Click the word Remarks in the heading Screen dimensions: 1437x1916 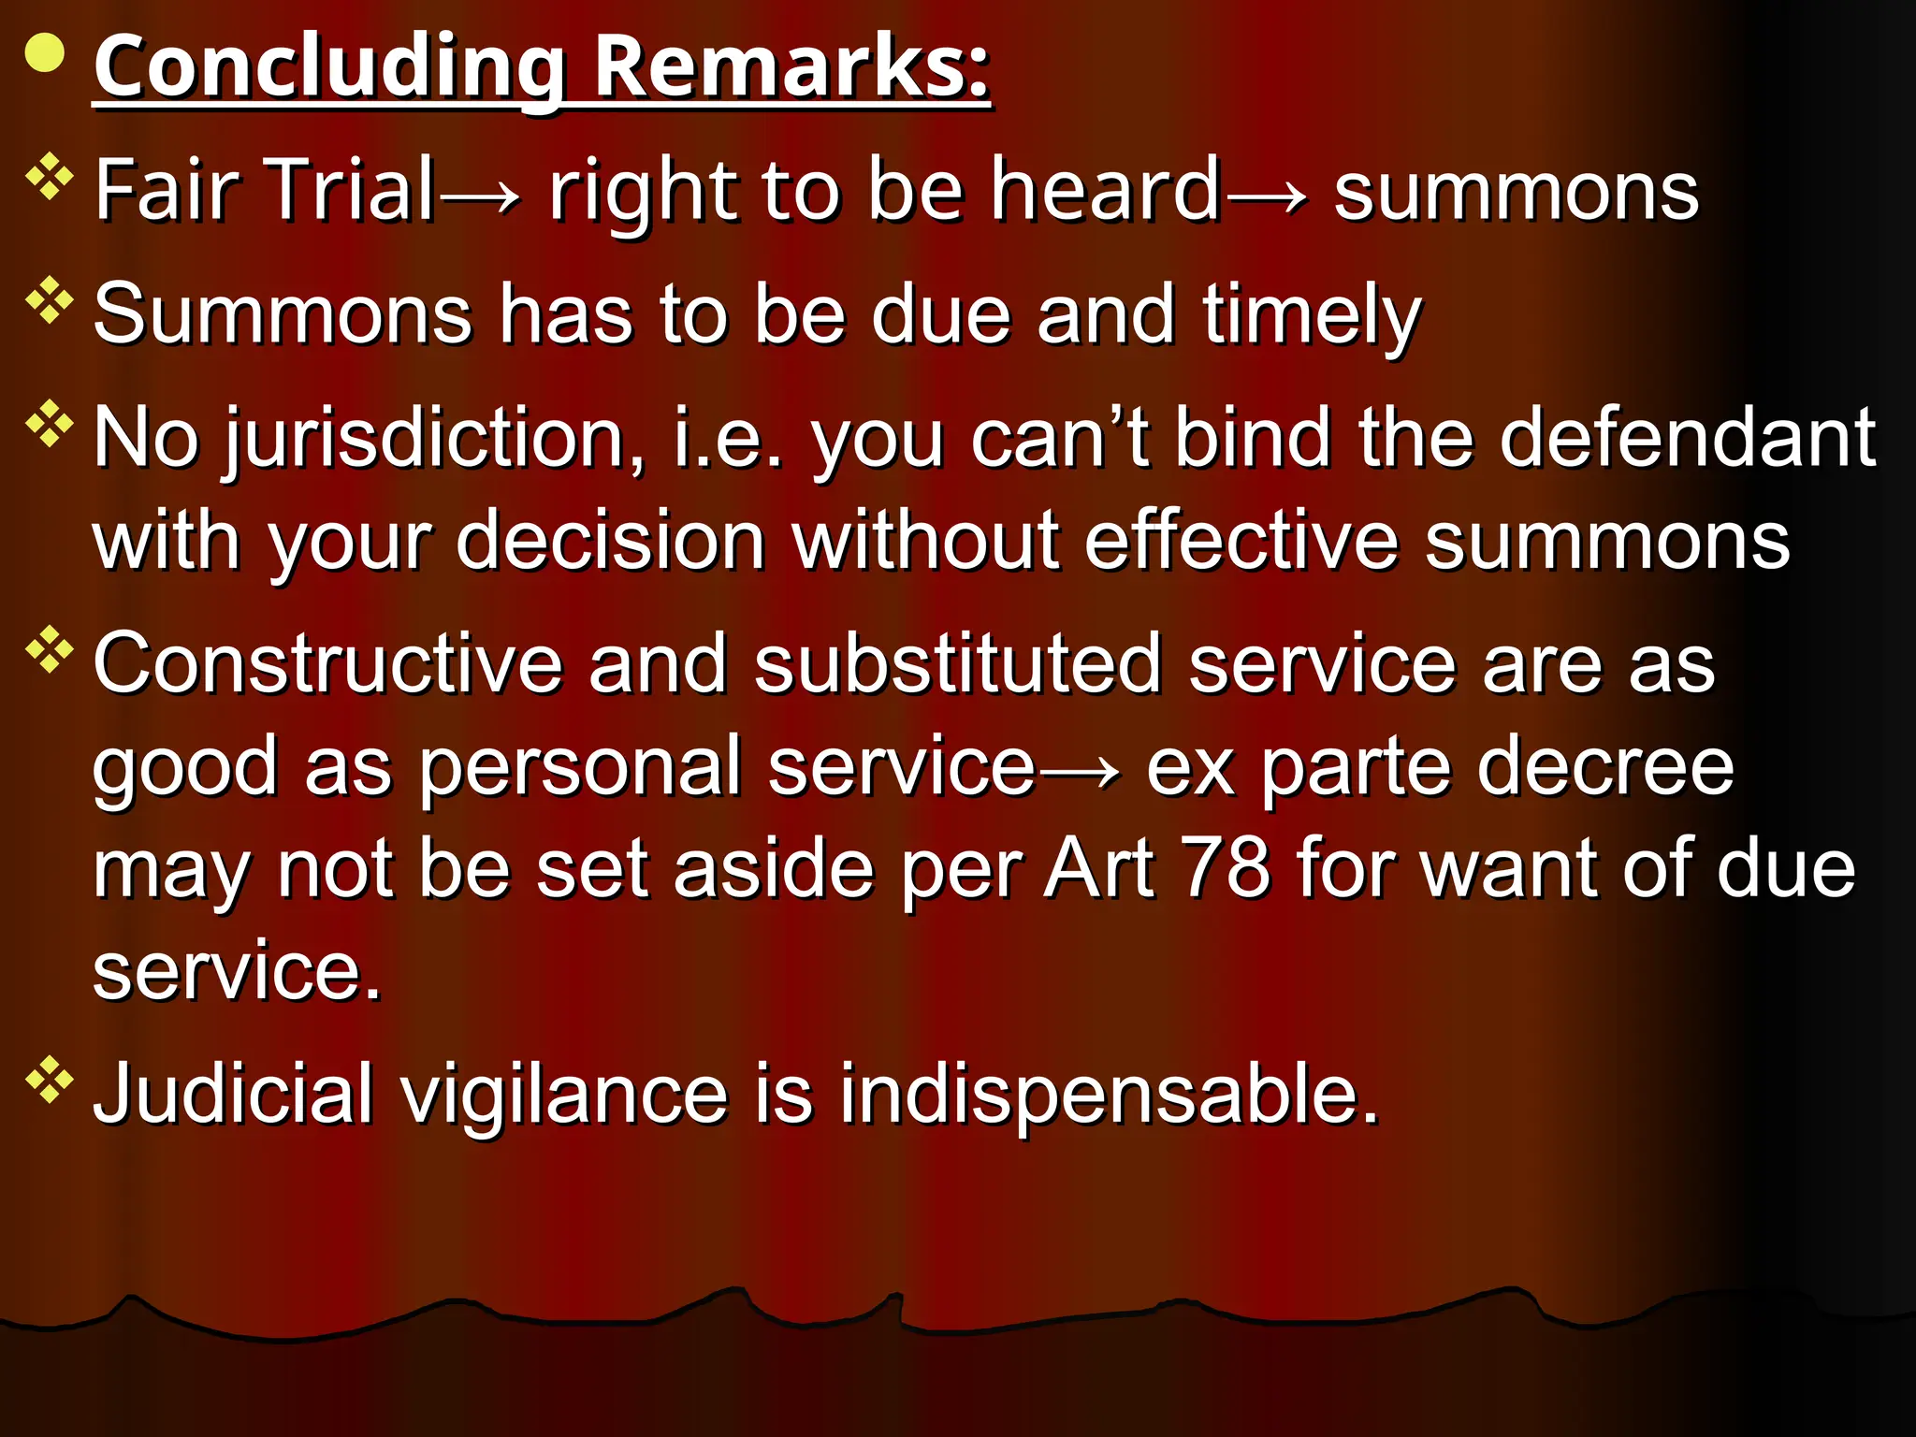[791, 66]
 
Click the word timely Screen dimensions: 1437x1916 [1312, 315]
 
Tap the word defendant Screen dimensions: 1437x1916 [1687, 437]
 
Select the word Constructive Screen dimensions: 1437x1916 [327, 663]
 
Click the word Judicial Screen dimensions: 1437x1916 [234, 1094]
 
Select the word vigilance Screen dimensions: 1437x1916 [564, 1094]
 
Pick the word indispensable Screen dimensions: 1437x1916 [1109, 1094]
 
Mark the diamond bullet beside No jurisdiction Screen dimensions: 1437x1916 [50, 425]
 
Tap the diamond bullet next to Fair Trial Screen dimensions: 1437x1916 [50, 178]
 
